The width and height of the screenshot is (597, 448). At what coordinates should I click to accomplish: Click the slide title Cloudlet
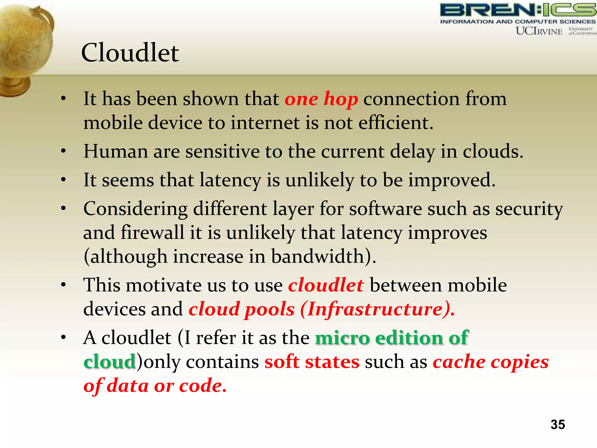point(130,53)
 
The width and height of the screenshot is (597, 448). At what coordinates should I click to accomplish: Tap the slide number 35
point(558,425)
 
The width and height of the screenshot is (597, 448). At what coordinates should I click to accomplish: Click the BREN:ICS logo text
point(518,10)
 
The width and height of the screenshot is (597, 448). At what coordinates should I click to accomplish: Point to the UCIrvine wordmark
point(539,31)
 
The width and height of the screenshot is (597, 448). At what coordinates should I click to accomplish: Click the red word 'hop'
point(341,99)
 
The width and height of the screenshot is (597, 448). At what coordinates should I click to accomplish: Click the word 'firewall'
point(152,233)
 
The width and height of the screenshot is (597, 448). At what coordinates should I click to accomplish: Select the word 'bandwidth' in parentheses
point(318,257)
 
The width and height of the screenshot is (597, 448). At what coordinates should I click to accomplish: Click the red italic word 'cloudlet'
point(326,285)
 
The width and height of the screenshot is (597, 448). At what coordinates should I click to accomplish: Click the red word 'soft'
point(282,362)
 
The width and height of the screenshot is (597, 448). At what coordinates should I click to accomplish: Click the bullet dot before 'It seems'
point(63,180)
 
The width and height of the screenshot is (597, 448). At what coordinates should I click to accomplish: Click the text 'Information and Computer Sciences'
point(518,22)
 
